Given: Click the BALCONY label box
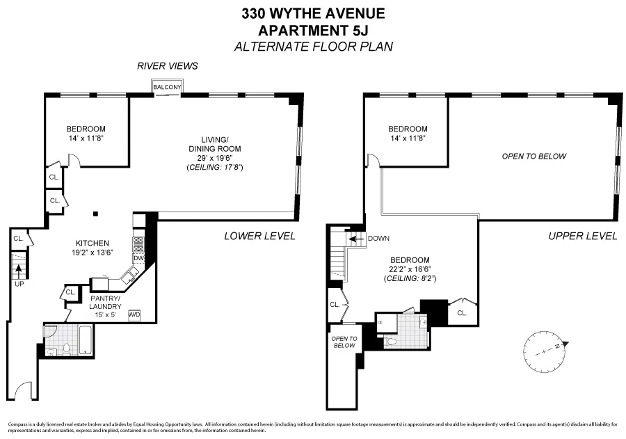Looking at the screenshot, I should point(168,87).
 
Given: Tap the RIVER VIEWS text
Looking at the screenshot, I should point(168,66).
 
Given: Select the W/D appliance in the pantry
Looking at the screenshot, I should point(134,314).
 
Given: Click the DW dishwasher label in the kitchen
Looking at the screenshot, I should point(138,258).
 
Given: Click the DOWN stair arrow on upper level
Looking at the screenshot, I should point(355,239).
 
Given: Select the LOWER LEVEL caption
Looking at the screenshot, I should point(259,236).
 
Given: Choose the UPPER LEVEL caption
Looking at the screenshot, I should point(582,236).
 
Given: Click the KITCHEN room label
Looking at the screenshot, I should point(93,244).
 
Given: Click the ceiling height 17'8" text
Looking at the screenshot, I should point(214,168).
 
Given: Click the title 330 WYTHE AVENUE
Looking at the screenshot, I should point(312,13).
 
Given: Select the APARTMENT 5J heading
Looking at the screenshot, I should point(312,30).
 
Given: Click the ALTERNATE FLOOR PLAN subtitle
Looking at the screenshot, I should point(312,47).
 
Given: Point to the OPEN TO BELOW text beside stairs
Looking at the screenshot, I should point(344,342).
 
